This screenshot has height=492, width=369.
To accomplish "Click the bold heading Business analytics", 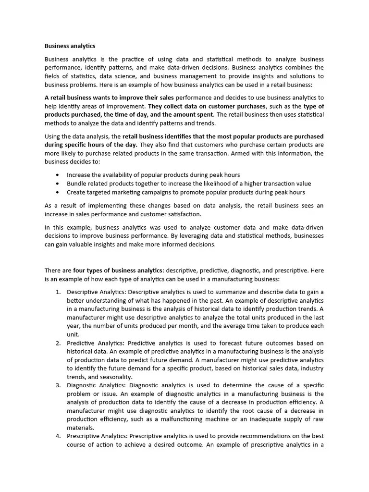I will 70,46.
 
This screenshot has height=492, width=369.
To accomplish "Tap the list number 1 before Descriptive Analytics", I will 58,292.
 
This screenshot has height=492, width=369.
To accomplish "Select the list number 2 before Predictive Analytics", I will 58,343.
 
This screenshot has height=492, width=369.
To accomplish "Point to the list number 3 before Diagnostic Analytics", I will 58,385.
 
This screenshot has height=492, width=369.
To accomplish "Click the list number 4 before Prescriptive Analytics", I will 58,436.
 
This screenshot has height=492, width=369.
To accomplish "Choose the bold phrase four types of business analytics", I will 118,271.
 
